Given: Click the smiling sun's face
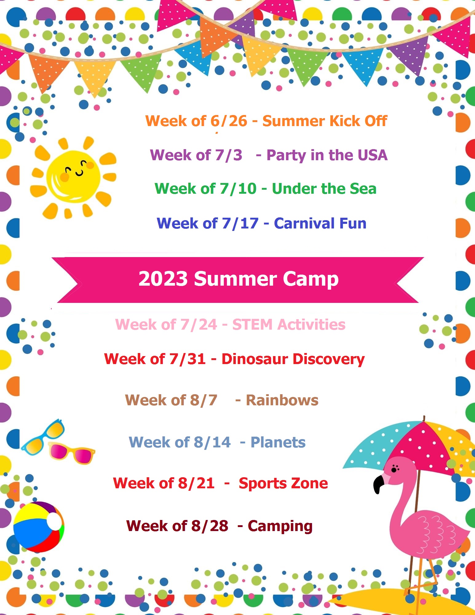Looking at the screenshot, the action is click(73, 177).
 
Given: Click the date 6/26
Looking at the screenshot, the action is click(229, 121).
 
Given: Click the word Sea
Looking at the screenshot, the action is click(363, 188).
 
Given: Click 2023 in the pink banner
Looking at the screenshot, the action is click(163, 279).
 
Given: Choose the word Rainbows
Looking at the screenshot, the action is click(282, 400).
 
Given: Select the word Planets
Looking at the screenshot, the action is click(278, 442).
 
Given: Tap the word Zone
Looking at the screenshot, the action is click(310, 483).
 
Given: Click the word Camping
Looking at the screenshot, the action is click(280, 526).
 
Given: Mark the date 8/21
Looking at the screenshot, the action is click(196, 483).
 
